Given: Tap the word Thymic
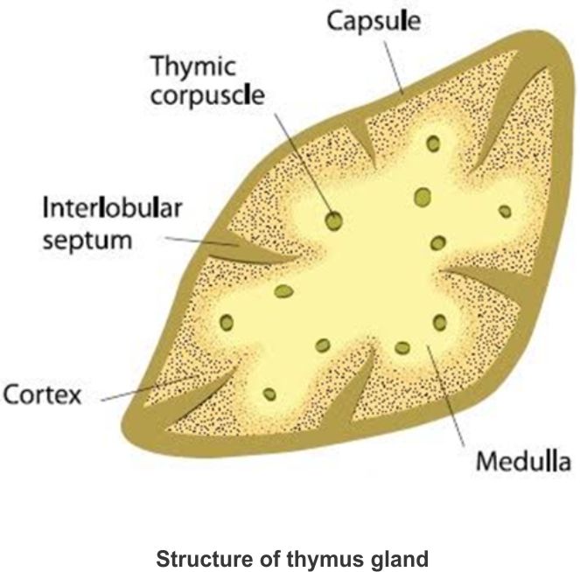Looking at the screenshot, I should pyautogui.click(x=190, y=66).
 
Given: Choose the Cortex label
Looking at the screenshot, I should pyautogui.click(x=42, y=395).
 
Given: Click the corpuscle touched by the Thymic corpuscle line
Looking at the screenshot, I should pyautogui.click(x=333, y=222).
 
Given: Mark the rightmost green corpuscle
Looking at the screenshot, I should pyautogui.click(x=504, y=211).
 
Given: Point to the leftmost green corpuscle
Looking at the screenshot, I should pyautogui.click(x=227, y=322).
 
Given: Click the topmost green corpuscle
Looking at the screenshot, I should pyautogui.click(x=431, y=143).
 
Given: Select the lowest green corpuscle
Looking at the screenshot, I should pyautogui.click(x=269, y=394).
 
